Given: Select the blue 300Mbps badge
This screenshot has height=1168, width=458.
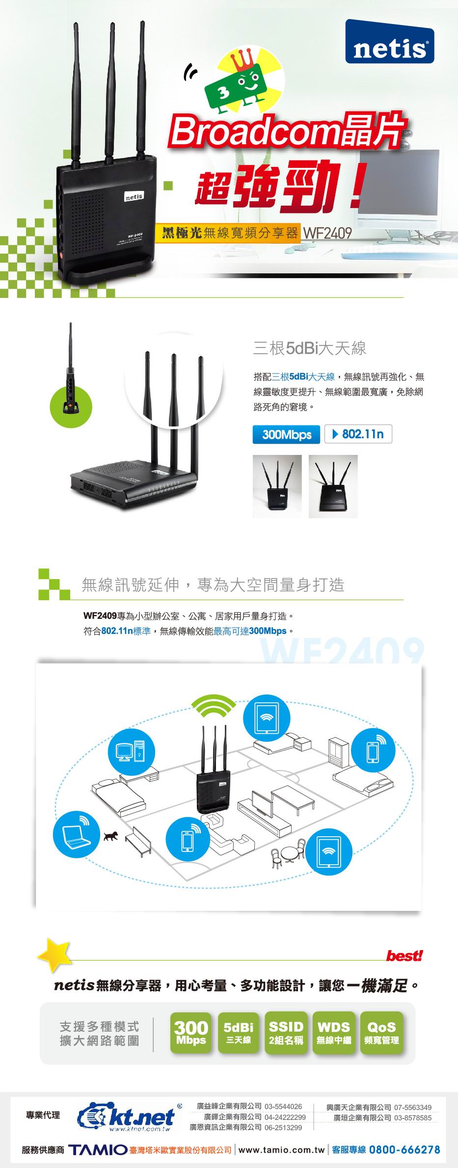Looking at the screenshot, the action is (x=287, y=434).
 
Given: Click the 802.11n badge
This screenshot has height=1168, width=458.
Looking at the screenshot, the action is (x=358, y=434).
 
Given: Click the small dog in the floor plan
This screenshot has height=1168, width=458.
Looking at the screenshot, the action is (x=111, y=835).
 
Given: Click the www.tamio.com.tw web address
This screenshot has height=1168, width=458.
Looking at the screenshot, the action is (x=282, y=1150).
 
